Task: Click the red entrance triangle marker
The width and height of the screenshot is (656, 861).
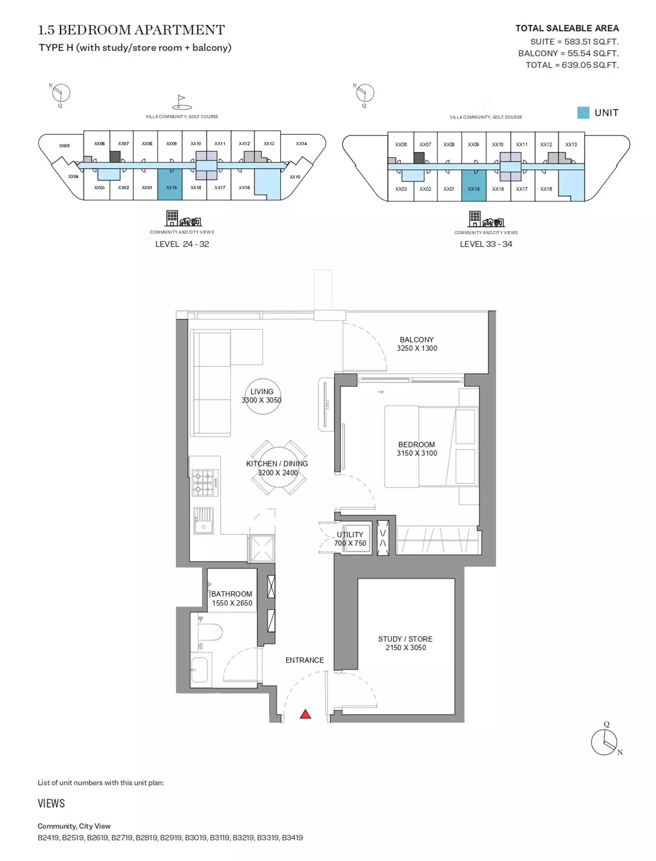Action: (x=305, y=714)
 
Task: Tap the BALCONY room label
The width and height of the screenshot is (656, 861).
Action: (x=416, y=340)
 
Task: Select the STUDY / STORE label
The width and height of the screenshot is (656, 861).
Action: (x=405, y=639)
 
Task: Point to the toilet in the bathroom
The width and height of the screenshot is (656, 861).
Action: (x=210, y=632)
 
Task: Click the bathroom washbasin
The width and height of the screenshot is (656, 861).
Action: (x=199, y=670)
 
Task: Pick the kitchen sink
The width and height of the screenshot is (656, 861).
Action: (x=204, y=520)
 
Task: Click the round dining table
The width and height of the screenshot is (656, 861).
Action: (x=278, y=468)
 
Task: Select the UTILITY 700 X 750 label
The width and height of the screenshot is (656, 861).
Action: (x=350, y=539)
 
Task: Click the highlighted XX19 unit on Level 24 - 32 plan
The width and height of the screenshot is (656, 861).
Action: (x=170, y=185)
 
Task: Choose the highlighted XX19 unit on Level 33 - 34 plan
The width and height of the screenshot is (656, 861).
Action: (x=474, y=186)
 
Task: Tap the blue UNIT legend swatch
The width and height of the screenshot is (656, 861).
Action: (x=583, y=113)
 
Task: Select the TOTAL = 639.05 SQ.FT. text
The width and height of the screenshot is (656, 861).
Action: (x=572, y=65)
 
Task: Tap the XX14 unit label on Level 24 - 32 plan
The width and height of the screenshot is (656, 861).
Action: (x=301, y=143)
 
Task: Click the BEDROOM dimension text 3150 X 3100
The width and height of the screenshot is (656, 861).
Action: (x=417, y=453)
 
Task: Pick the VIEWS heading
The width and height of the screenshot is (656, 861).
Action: (x=51, y=803)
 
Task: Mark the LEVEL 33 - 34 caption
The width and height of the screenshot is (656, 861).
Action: (x=486, y=244)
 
